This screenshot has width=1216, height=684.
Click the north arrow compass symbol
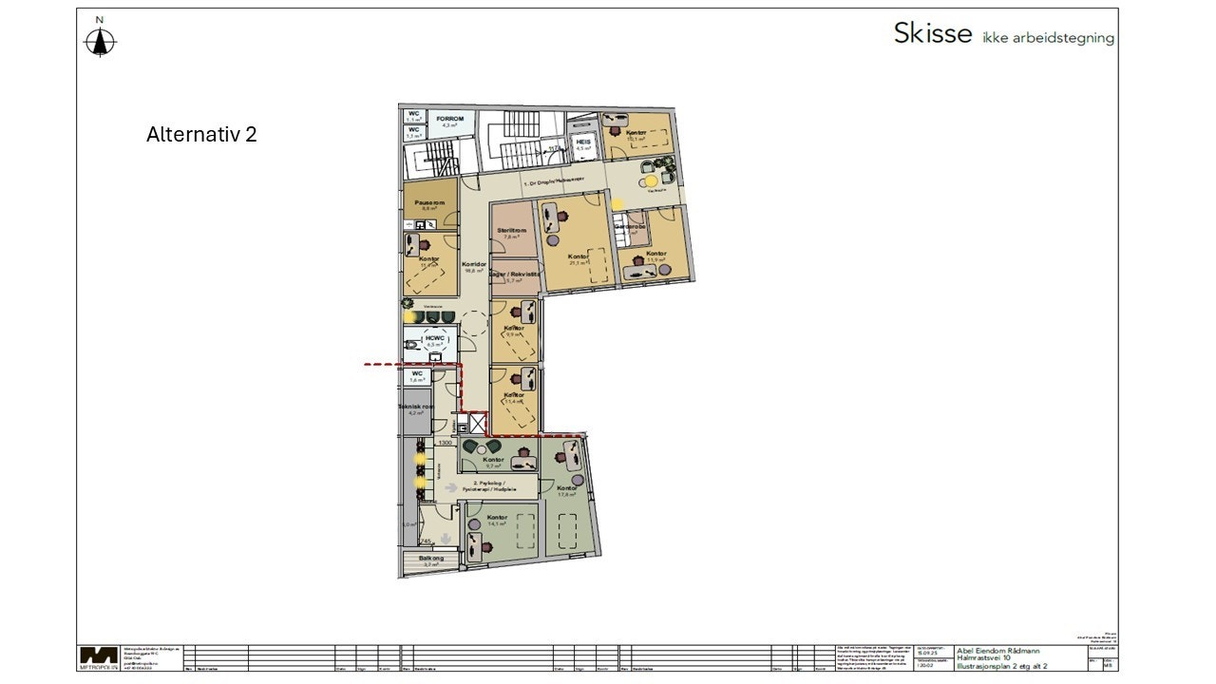click(100, 39)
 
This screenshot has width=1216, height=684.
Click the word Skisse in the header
click(933, 33)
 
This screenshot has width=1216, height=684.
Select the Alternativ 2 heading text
click(201, 134)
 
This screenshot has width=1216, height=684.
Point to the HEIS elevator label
click(584, 141)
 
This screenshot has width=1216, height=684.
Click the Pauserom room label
click(428, 202)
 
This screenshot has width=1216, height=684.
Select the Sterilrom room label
click(513, 231)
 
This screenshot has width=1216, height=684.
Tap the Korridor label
click(474, 264)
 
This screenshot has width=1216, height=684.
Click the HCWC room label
click(436, 339)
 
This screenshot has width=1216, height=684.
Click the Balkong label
click(431, 559)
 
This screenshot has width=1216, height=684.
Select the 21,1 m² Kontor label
click(578, 257)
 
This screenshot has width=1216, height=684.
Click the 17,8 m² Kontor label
click(567, 488)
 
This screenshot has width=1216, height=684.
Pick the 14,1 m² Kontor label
click(495, 517)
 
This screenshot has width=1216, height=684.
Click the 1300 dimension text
click(445, 443)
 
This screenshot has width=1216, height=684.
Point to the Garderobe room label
click(630, 228)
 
